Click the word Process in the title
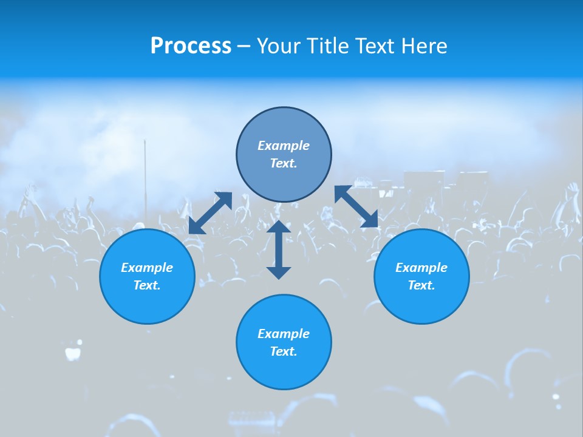(x=191, y=46)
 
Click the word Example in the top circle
(x=284, y=146)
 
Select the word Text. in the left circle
(x=147, y=285)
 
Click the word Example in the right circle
(x=421, y=268)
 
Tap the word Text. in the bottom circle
(x=284, y=351)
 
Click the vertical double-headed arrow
(x=279, y=249)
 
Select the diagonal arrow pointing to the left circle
(x=210, y=213)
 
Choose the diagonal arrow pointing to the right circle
(x=356, y=206)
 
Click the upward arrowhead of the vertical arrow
(x=279, y=227)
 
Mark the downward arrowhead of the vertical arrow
(x=279, y=272)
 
